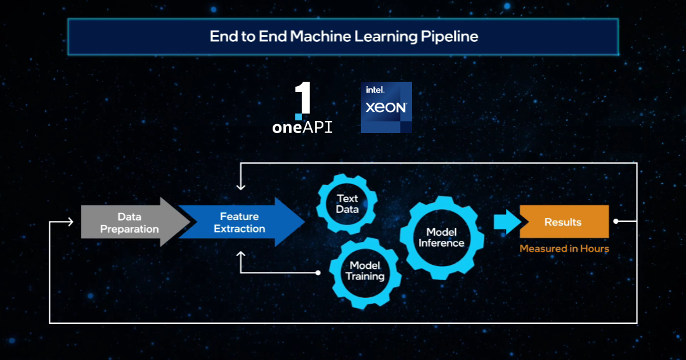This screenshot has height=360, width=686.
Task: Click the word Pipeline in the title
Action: tap(450, 36)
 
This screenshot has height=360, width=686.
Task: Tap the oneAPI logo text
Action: tap(302, 127)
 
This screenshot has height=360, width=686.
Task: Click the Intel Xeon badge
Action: tap(386, 107)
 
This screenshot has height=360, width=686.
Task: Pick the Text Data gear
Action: tap(347, 203)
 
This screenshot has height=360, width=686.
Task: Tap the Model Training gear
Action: tap(365, 271)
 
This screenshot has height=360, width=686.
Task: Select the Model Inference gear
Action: tap(441, 238)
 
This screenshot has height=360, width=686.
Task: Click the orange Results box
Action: tap(564, 222)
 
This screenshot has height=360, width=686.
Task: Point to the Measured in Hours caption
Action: tap(564, 248)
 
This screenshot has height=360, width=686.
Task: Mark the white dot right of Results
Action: tap(616, 222)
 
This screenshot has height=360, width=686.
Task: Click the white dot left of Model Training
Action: tap(318, 273)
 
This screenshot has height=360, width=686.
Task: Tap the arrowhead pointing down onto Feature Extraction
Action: tap(240, 186)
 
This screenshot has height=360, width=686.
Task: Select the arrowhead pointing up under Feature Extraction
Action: tap(240, 255)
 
